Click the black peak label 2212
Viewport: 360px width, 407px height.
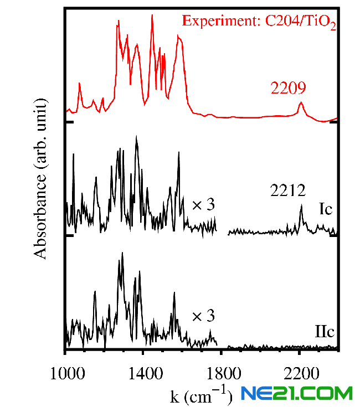pyautogui.click(x=288, y=191)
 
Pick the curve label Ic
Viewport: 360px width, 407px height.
pyautogui.click(x=325, y=209)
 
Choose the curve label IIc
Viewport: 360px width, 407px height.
pyautogui.click(x=323, y=333)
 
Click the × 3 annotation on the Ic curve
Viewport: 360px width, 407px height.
pyautogui.click(x=203, y=205)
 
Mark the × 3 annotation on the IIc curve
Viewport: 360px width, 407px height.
pyautogui.click(x=203, y=316)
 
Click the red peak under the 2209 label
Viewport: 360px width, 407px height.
pyautogui.click(x=301, y=103)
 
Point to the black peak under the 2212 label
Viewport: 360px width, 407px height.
pyautogui.click(x=301, y=206)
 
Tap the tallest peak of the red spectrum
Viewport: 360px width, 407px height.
pyautogui.click(x=152, y=16)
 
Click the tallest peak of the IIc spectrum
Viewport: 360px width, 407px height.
pyautogui.click(x=122, y=254)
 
